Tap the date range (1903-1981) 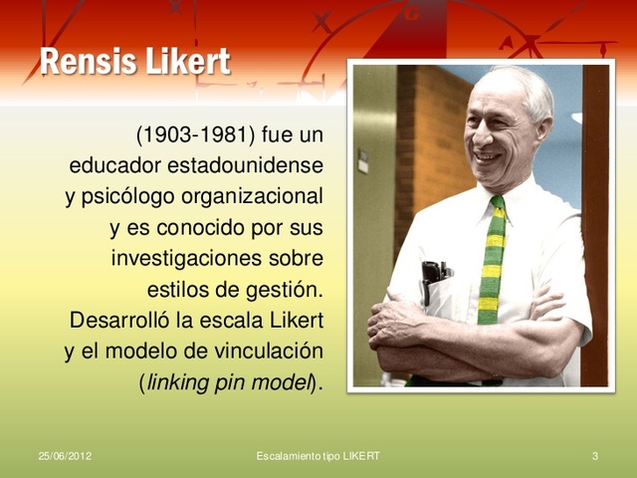click(194, 133)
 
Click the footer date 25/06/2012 click(65, 456)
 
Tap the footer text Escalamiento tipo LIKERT click(318, 456)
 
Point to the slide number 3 click(594, 456)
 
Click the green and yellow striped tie click(491, 269)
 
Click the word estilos click(178, 290)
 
